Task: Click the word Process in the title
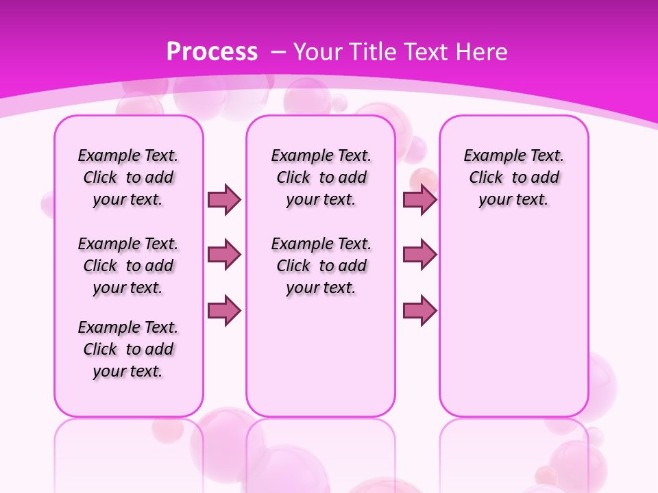click(212, 52)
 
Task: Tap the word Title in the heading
click(371, 52)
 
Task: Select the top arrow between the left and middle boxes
click(224, 199)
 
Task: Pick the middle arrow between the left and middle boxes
click(224, 255)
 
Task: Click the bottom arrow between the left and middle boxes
click(224, 310)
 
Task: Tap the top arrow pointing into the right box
click(419, 199)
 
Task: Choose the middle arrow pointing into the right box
click(419, 255)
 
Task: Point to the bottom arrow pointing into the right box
click(419, 310)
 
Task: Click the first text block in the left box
click(128, 177)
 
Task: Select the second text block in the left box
click(128, 266)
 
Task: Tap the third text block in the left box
click(128, 349)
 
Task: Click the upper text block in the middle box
click(321, 177)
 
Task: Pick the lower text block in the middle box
click(321, 266)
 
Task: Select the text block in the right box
click(514, 177)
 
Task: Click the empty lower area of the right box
click(514, 329)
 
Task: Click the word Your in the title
click(318, 52)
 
